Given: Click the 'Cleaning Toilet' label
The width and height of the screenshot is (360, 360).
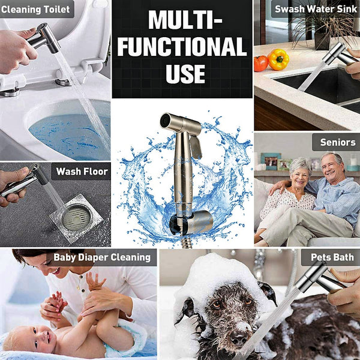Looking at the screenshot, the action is pos(35,10).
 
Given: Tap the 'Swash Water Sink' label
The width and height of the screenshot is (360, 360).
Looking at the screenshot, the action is pos(316,9).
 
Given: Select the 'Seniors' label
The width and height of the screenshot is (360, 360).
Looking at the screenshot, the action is pos(337,142).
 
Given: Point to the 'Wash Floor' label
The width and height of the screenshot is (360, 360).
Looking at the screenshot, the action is pos(82,172).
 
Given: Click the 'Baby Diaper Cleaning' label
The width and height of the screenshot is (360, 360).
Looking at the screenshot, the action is pos(102,257).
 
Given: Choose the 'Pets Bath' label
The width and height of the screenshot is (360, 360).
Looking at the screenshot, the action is pos(332,257).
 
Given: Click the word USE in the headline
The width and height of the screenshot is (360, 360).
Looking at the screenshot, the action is pos(185,74).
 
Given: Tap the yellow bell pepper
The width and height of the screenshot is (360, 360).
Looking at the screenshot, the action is pos(278,59).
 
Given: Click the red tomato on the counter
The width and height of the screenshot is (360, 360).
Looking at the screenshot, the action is pos(261,64).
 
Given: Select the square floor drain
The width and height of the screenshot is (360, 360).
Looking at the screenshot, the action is pos(76,218).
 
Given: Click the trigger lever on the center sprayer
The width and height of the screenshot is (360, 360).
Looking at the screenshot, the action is pos(196,147).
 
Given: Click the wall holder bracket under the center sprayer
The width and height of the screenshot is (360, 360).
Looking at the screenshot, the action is pos(191,222).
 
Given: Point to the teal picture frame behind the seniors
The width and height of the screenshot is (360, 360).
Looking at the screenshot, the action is pos(271,161).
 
